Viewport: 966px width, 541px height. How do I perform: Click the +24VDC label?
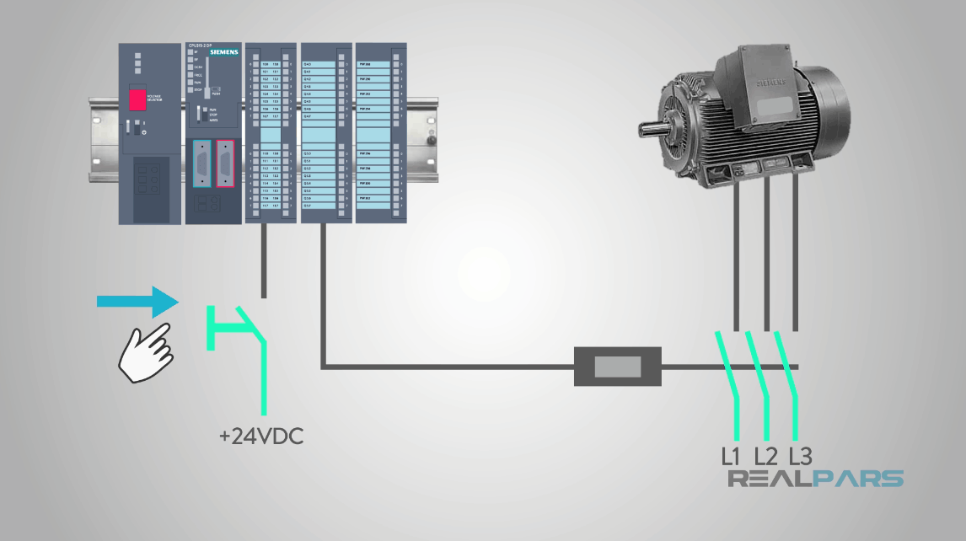[x=260, y=437]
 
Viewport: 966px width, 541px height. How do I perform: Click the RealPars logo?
[x=815, y=479]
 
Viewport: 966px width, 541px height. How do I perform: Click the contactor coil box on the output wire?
[x=618, y=367]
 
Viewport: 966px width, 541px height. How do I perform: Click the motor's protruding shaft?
[x=652, y=131]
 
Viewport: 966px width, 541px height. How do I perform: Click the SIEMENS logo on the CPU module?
[x=223, y=51]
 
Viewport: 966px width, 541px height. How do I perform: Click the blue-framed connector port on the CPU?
[x=202, y=161]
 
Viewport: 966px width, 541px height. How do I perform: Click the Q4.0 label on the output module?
[x=307, y=64]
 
